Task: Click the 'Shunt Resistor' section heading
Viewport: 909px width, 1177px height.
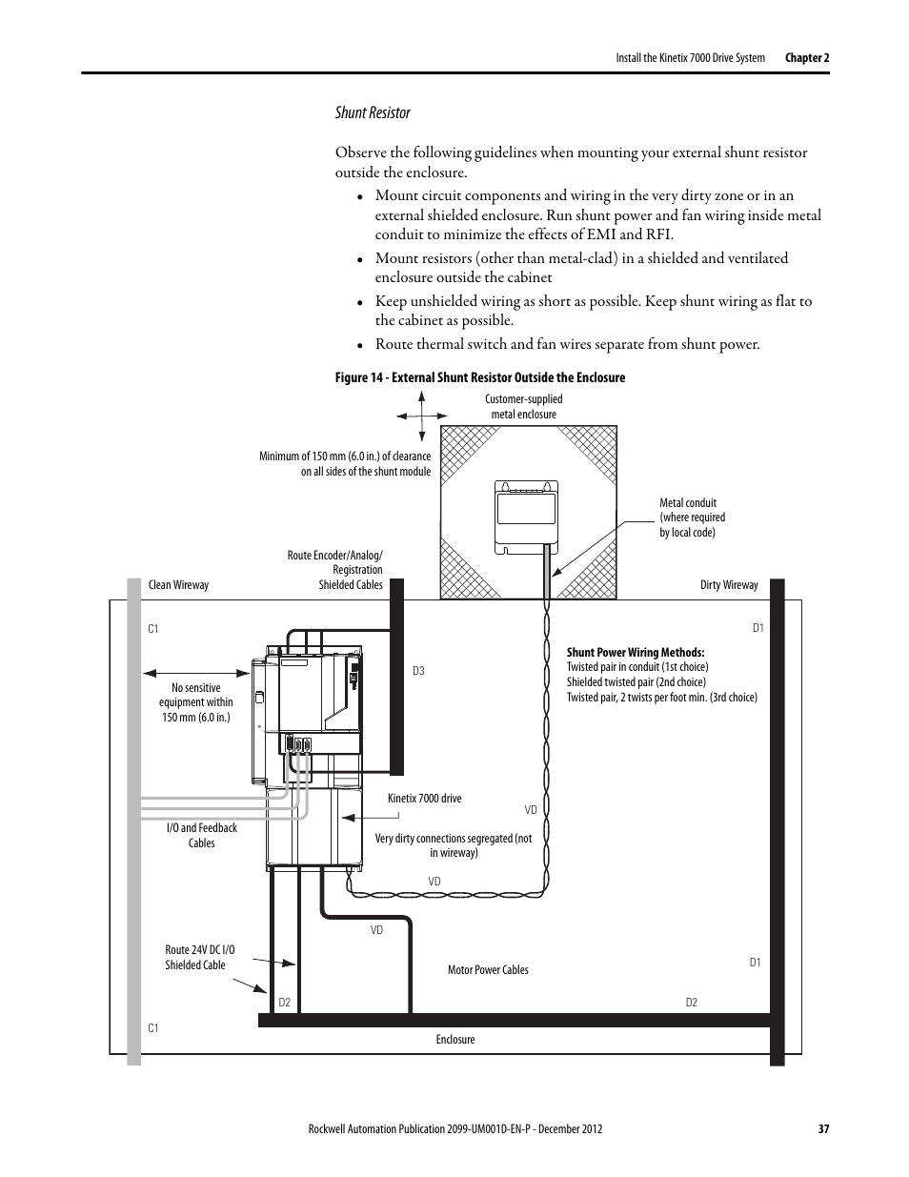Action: (x=373, y=112)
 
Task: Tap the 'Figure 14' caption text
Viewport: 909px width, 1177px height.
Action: (x=480, y=377)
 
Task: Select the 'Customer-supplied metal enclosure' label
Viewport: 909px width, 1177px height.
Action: (x=523, y=407)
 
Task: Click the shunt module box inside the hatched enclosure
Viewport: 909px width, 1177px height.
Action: (x=526, y=517)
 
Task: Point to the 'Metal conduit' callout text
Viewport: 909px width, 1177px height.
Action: (x=692, y=517)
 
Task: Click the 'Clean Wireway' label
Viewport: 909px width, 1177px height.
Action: (x=178, y=585)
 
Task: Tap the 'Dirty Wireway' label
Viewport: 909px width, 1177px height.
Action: (x=729, y=585)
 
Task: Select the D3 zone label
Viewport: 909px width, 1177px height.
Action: (x=418, y=671)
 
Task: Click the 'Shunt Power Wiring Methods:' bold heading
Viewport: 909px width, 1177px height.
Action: (x=636, y=653)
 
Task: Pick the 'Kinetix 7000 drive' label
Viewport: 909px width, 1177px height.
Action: (x=424, y=799)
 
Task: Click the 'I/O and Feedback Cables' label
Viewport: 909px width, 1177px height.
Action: (x=202, y=836)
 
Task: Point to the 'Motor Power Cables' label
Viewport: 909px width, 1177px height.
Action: (x=488, y=970)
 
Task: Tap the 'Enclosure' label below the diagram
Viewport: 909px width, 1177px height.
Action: (x=455, y=1040)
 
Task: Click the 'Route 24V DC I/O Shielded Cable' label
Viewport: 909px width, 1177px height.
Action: (x=199, y=958)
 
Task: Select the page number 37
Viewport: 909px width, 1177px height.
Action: (x=824, y=1129)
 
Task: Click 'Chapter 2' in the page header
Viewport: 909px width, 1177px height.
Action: (x=807, y=58)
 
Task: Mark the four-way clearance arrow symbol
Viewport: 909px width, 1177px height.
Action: (x=422, y=416)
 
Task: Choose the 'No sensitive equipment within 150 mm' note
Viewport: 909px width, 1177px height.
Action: (x=196, y=702)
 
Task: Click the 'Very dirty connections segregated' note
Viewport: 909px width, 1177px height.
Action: (x=454, y=845)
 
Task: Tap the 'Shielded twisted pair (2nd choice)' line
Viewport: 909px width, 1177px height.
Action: (x=636, y=682)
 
